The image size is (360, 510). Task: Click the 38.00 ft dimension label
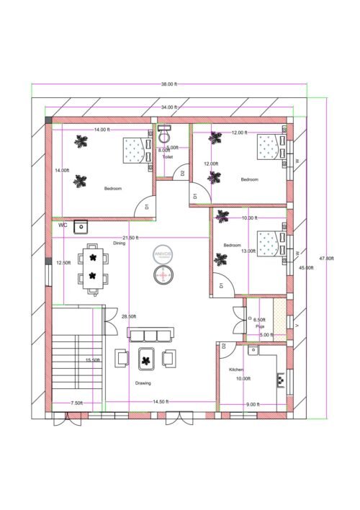(169, 84)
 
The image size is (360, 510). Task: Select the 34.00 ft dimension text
(169, 107)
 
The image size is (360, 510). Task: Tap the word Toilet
(168, 156)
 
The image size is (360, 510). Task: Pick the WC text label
(63, 225)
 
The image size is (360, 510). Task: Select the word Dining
(119, 243)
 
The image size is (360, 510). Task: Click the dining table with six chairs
(93, 268)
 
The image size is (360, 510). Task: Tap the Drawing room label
(143, 382)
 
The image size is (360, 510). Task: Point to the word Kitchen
(237, 369)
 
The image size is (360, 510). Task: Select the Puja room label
(261, 326)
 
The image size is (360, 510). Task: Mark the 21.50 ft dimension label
(130, 238)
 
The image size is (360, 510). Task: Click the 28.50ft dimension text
(129, 316)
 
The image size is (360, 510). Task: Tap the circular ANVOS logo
(164, 254)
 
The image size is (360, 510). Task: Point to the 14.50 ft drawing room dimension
(161, 401)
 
